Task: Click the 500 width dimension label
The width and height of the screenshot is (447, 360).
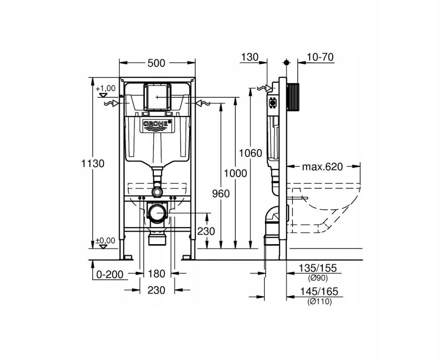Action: pyautogui.click(x=157, y=63)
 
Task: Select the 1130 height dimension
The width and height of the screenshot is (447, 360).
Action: pyautogui.click(x=93, y=163)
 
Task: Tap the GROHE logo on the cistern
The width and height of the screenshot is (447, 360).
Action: pyautogui.click(x=157, y=124)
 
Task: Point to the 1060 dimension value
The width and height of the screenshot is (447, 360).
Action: pyautogui.click(x=250, y=153)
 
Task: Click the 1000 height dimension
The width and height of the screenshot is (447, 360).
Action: pyautogui.click(x=235, y=173)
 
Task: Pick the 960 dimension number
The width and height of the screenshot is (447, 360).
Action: pyautogui.click(x=220, y=193)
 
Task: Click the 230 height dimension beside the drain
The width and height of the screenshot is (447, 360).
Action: pyautogui.click(x=206, y=231)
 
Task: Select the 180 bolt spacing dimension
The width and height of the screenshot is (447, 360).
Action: pyautogui.click(x=157, y=274)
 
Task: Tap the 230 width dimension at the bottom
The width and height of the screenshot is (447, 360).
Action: pyautogui.click(x=157, y=290)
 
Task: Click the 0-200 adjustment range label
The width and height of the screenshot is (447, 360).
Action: pyautogui.click(x=110, y=275)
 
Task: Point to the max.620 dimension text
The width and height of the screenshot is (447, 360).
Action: pyautogui.click(x=322, y=167)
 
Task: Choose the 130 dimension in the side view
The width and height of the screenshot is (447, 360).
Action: pyautogui.click(x=249, y=58)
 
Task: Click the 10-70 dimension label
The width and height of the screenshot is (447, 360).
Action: pyautogui.click(x=320, y=58)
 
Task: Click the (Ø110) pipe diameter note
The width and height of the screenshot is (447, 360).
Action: pyautogui.click(x=319, y=302)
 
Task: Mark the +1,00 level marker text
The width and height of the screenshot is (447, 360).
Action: pyautogui.click(x=106, y=88)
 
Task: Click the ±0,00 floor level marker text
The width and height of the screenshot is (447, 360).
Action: pyautogui.click(x=105, y=241)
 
